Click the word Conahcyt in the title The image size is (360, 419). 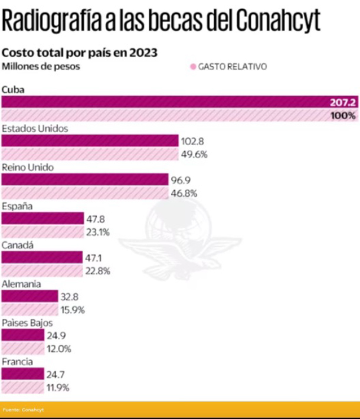pyautogui.click(x=278, y=21)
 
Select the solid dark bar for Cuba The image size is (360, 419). pyautogui.click(x=165, y=102)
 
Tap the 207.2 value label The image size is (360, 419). pyautogui.click(x=343, y=102)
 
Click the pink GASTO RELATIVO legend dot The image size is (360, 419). pyautogui.click(x=192, y=67)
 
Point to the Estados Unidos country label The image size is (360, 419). pyautogui.click(x=35, y=128)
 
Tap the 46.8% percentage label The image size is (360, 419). pyautogui.click(x=185, y=193)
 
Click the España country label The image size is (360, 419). pyautogui.click(x=17, y=206)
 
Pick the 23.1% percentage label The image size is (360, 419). pyautogui.click(x=98, y=232)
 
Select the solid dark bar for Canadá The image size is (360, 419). pyautogui.click(x=42, y=257)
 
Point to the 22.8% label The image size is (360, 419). pyautogui.click(x=98, y=271)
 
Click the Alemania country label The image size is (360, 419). pyautogui.click(x=21, y=284)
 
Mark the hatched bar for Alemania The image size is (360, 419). pyautogui.click(x=30, y=309)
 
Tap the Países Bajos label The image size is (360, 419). pyautogui.click(x=27, y=323)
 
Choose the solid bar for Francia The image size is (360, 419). pyautogui.click(x=23, y=374)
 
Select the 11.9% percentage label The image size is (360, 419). pyautogui.click(x=58, y=388)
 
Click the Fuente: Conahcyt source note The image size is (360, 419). pyautogui.click(x=23, y=409)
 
